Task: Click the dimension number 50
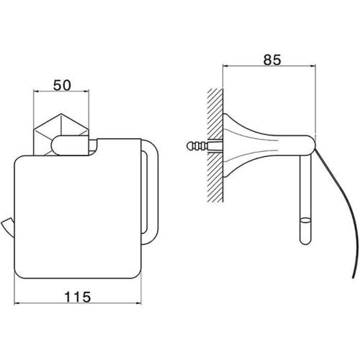(62, 85)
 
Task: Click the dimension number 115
(78, 297)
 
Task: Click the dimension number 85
(272, 60)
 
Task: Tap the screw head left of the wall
(189, 145)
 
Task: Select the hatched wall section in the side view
(215, 145)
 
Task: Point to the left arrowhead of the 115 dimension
(17, 303)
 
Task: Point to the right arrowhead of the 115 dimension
(138, 303)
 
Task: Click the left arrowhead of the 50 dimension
(36, 91)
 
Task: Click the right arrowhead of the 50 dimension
(86, 91)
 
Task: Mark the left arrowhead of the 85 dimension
(226, 66)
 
